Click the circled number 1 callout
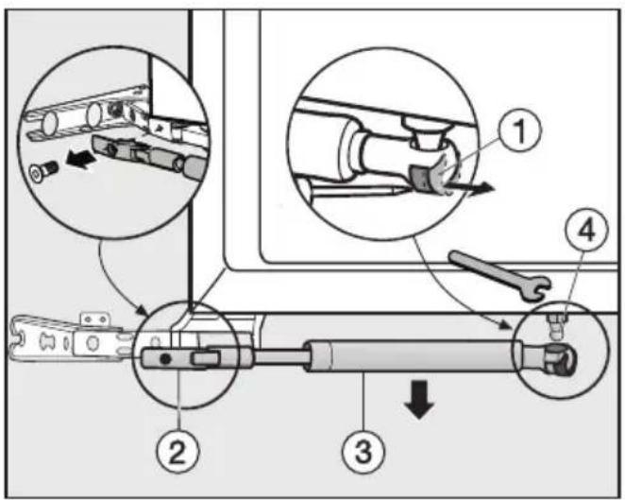[520, 130]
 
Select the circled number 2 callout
[177, 452]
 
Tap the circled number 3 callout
[363, 451]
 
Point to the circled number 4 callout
[586, 230]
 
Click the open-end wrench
[500, 274]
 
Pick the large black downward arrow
[419, 399]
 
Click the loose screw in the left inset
[44, 170]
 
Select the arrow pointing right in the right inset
[469, 187]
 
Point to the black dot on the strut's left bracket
[165, 359]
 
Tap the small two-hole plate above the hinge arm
[94, 319]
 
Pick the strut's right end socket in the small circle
[560, 360]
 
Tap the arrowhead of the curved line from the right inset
[508, 327]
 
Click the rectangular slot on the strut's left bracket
[205, 359]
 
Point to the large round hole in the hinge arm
[93, 343]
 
